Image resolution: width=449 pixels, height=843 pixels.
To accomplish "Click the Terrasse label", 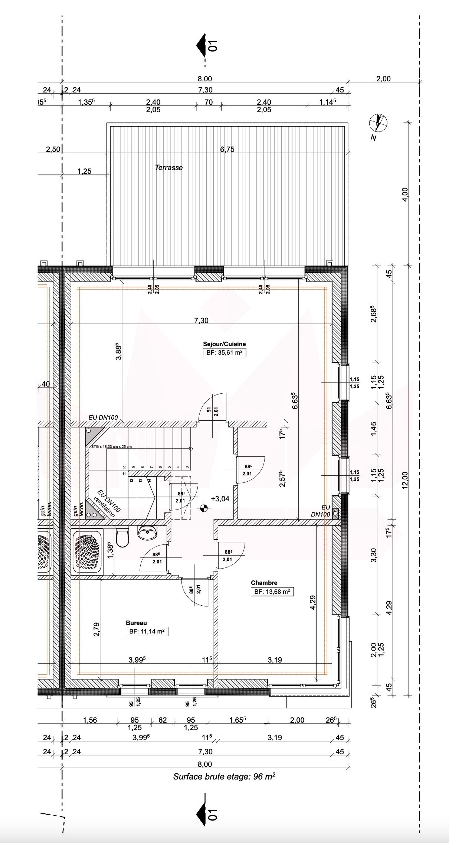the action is point(169,168).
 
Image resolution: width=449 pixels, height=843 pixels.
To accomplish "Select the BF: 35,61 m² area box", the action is point(224,353).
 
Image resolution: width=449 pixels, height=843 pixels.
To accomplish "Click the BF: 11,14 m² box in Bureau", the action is point(147,632).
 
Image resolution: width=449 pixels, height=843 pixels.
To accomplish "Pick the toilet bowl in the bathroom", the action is point(123,538).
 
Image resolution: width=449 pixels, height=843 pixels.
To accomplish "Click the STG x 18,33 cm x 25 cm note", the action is point(112,446).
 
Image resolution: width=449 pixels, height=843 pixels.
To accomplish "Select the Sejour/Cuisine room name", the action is point(224,344).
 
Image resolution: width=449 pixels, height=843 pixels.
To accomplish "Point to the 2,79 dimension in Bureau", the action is point(96,629).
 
